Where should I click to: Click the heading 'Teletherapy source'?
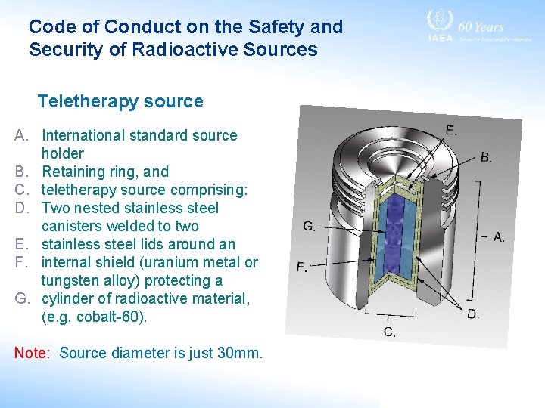click(x=120, y=101)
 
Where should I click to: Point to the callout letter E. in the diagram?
click(x=451, y=130)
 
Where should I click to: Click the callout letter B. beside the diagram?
click(x=487, y=158)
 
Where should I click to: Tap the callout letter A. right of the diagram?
click(x=499, y=237)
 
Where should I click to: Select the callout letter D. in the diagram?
click(x=472, y=314)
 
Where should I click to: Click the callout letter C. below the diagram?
click(x=389, y=332)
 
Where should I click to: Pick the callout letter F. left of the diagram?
click(x=302, y=267)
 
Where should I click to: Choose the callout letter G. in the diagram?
click(x=310, y=226)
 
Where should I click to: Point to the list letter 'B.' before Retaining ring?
click(x=23, y=172)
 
